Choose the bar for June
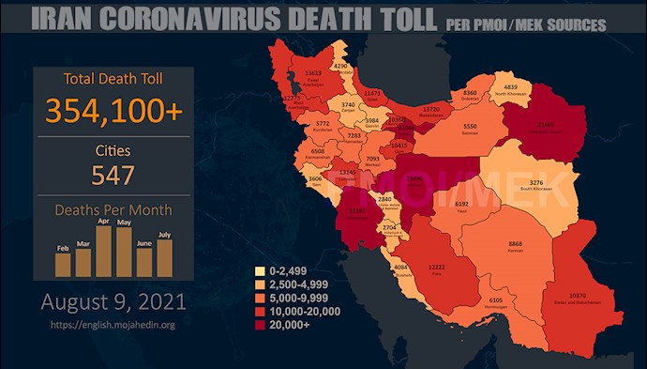coord(143,262)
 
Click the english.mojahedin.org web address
coord(113,325)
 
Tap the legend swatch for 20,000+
coord(260,323)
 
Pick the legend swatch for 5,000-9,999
coord(260,298)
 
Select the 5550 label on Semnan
coord(471,126)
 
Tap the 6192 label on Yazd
coord(461,204)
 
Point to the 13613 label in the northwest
coord(312,72)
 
